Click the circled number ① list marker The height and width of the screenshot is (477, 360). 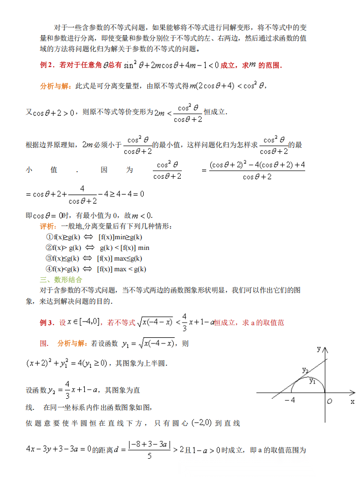pos(49,237)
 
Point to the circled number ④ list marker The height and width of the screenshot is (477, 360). pos(49,269)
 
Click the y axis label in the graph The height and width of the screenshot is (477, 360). pos(319,349)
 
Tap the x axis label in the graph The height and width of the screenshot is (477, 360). pos(352,401)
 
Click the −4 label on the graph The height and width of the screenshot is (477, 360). pos(289,401)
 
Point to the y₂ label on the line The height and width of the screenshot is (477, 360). pos(305,370)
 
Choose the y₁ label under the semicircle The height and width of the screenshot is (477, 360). pos(312,381)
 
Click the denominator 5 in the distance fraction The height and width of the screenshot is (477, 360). pos(149,456)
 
